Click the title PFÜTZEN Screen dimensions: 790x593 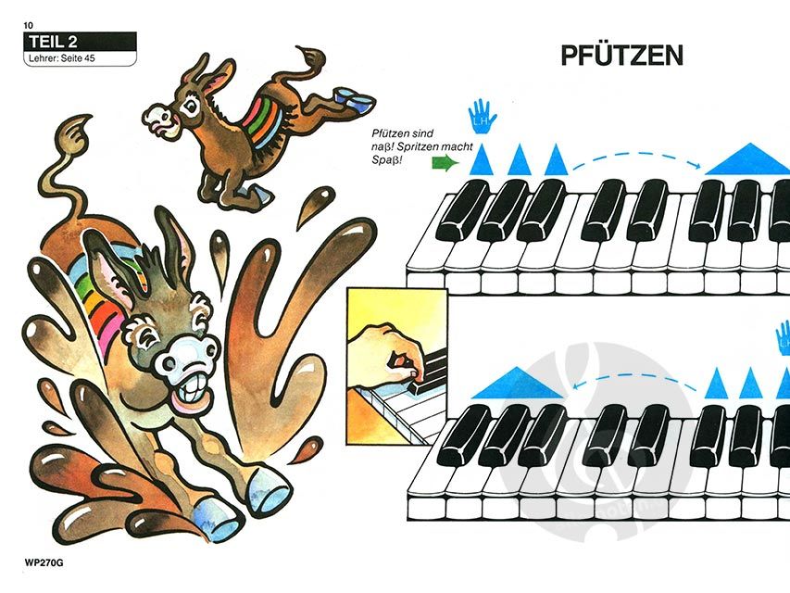pos(621,56)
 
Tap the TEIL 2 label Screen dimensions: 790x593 pos(53,42)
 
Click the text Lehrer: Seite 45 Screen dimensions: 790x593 pos(61,58)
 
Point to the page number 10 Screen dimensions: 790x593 pos(28,25)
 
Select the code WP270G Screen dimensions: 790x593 pos(44,563)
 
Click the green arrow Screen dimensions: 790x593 pos(445,163)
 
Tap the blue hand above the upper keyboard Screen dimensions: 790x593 pos(483,116)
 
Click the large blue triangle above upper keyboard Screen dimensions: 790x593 pos(747,158)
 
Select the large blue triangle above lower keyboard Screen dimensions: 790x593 pos(519,384)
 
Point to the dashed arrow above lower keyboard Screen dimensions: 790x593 pos(636,375)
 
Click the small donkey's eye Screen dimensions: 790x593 pos(191,106)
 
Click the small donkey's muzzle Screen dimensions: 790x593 pos(158,119)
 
